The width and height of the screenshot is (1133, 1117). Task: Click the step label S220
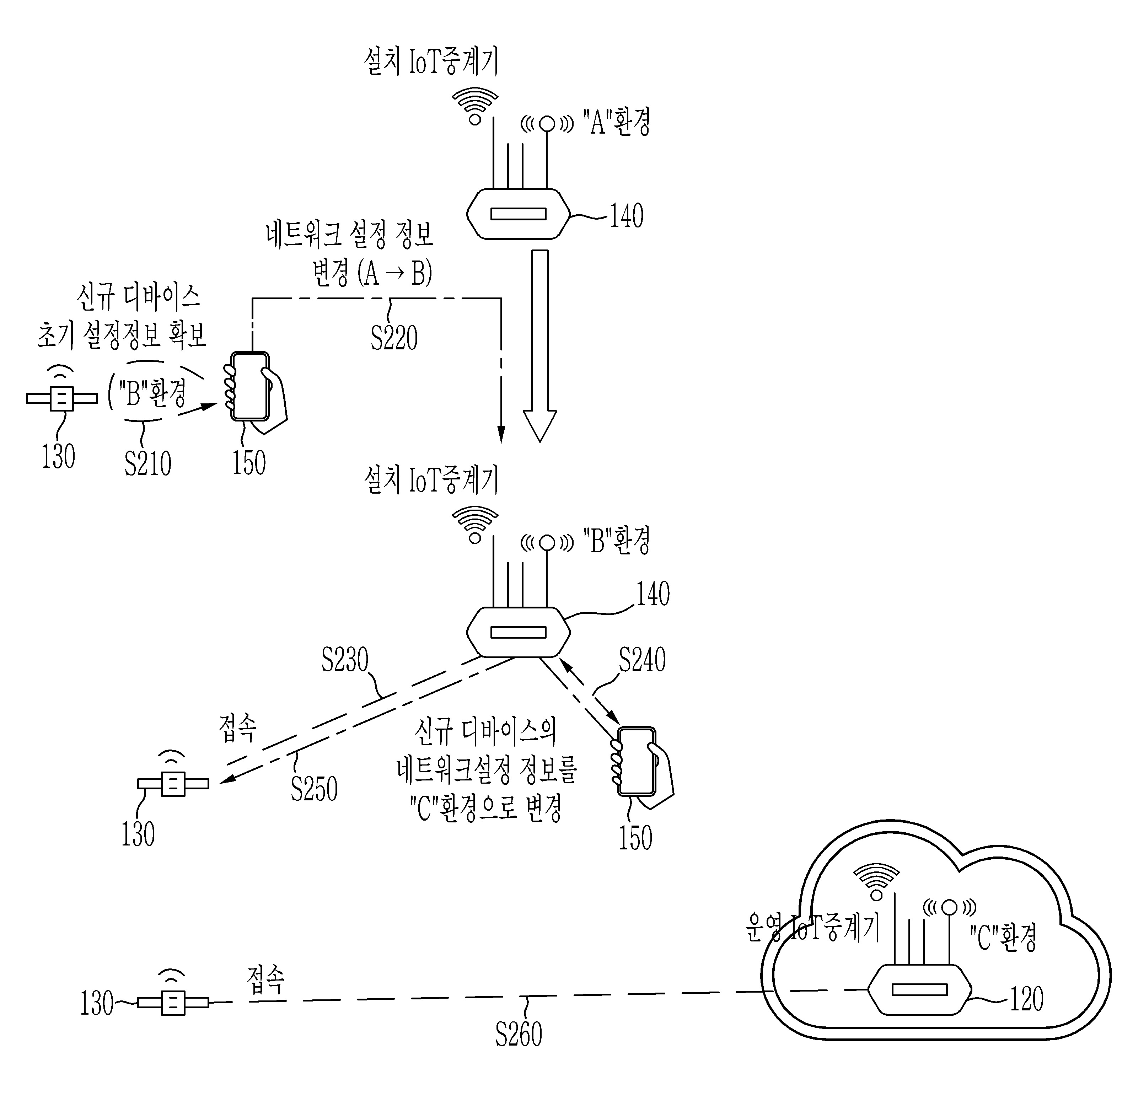pyautogui.click(x=394, y=338)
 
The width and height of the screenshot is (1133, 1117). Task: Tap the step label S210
pyautogui.click(x=148, y=463)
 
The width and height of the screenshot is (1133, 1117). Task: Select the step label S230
pyautogui.click(x=345, y=660)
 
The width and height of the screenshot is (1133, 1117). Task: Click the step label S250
pyautogui.click(x=314, y=789)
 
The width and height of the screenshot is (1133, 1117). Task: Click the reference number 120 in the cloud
pyautogui.click(x=1026, y=999)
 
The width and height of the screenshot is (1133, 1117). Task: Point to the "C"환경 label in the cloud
pyautogui.click(x=1003, y=937)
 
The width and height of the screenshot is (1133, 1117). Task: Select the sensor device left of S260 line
pyautogui.click(x=173, y=1002)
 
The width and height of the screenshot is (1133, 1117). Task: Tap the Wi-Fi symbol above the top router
pyautogui.click(x=475, y=106)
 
